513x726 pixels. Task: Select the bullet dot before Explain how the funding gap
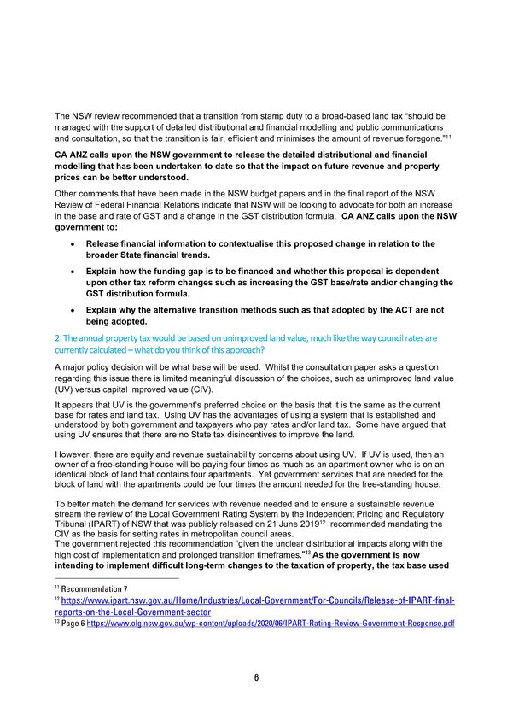[x=75, y=272]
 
